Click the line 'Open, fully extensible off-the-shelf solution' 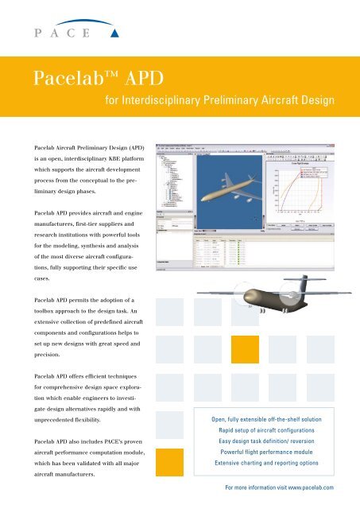(x=266, y=418)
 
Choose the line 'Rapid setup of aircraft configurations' (x=266, y=432)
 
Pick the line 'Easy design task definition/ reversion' (x=266, y=446)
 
